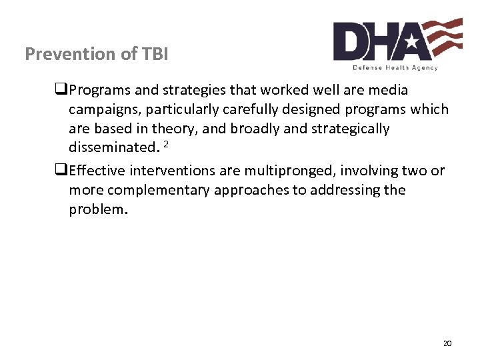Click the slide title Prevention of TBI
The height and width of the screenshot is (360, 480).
(x=96, y=54)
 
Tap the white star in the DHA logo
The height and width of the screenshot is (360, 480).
(x=411, y=43)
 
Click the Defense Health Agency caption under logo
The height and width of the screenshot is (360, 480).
(x=395, y=67)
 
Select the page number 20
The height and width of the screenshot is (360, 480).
(x=447, y=343)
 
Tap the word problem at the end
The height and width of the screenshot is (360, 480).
(x=96, y=209)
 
